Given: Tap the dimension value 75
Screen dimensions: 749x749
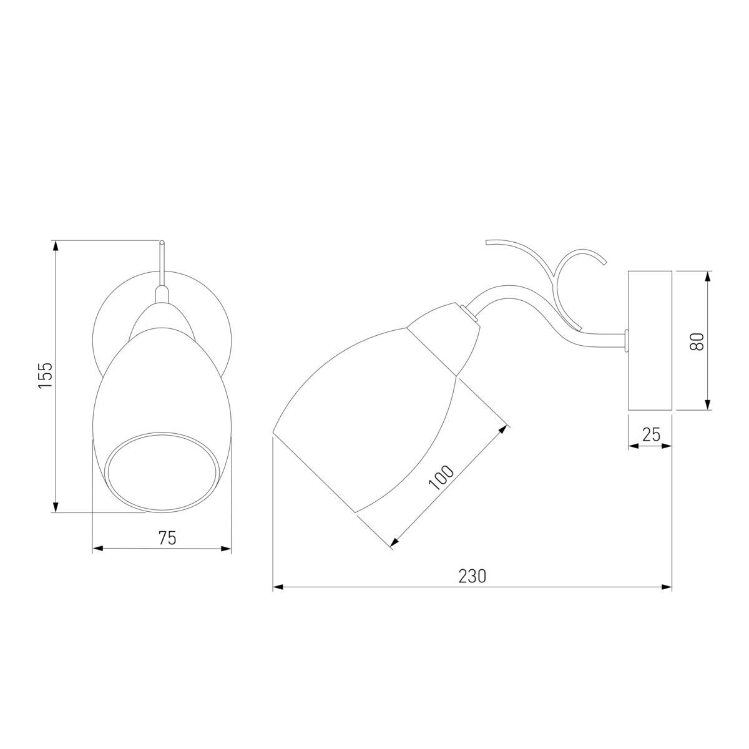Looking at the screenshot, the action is pos(167,538).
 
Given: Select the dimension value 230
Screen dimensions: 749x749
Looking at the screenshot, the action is pos(472,576).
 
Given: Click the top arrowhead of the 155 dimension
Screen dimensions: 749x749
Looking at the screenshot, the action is pos(56,246).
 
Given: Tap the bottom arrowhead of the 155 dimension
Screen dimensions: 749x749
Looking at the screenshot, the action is pos(56,506).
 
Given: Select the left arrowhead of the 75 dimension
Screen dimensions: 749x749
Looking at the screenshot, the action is pos(97,549).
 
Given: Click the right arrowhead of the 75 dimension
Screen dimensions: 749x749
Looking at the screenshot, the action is pos(226,549).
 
